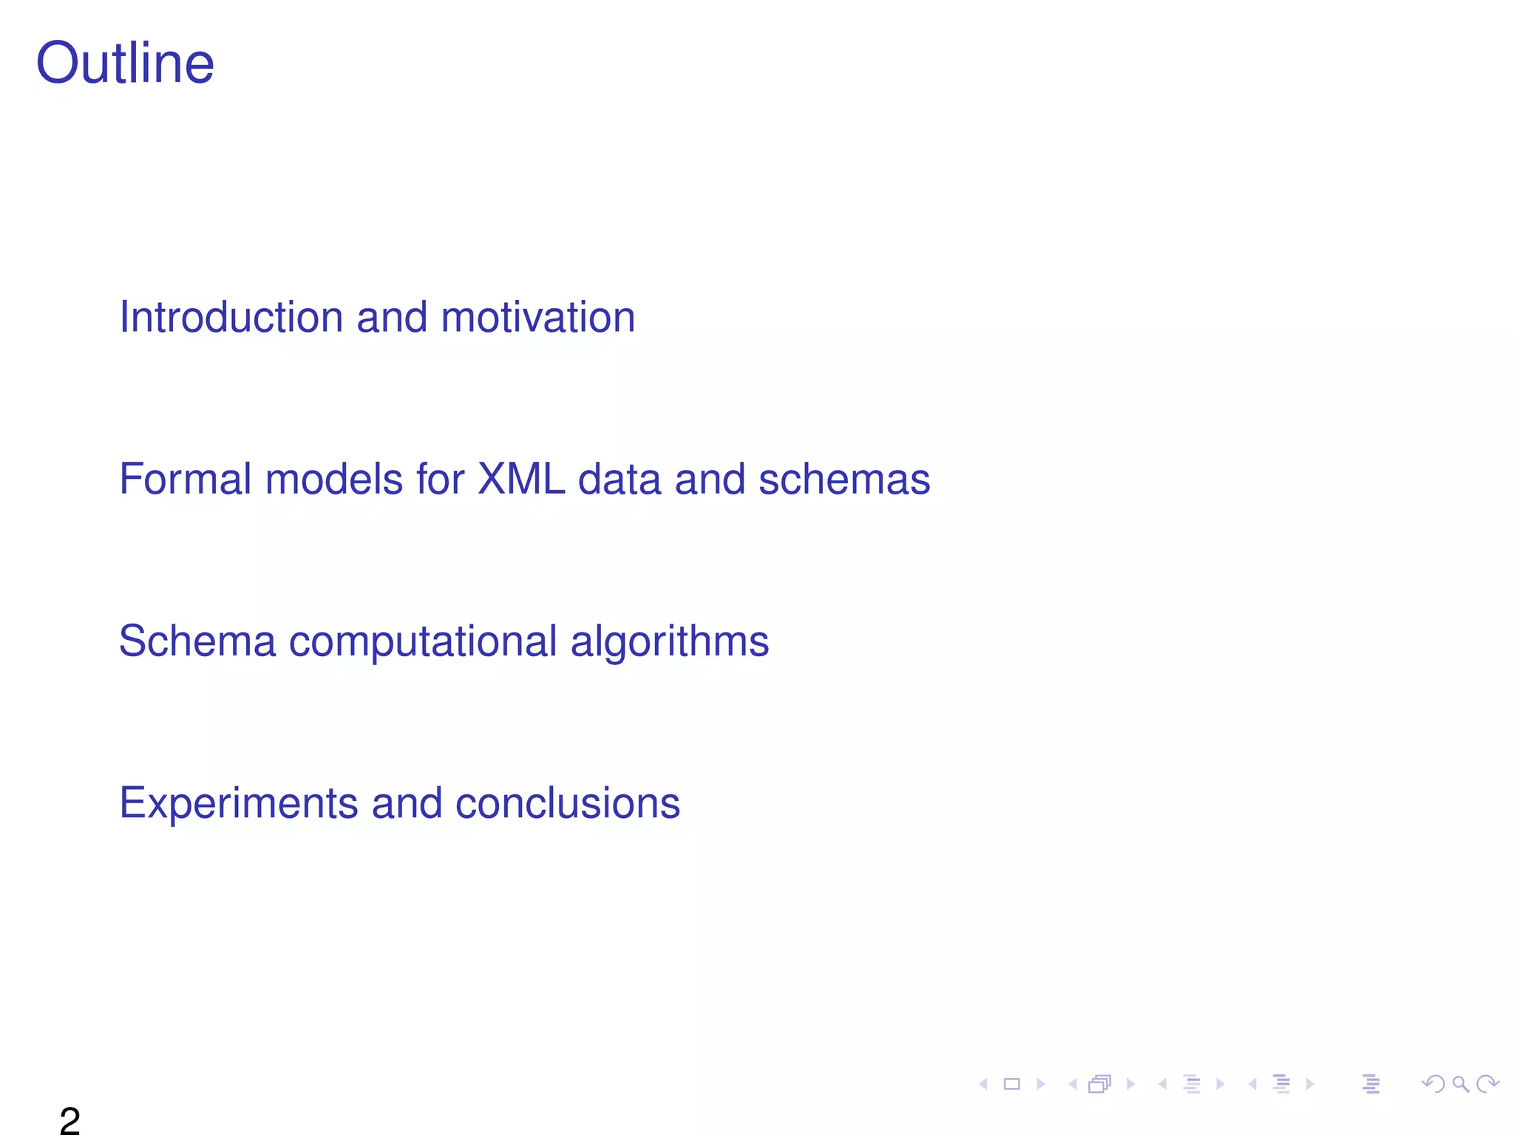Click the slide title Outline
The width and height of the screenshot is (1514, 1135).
pos(125,64)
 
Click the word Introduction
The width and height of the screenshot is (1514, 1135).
pos(231,317)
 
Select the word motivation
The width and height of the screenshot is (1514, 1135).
pos(537,317)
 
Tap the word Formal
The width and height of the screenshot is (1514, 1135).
pos(185,479)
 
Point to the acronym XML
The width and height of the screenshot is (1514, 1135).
pos(521,479)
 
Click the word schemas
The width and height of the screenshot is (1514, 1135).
pos(844,479)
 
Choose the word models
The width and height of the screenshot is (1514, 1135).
pos(334,479)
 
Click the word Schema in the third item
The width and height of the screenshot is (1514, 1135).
pos(197,641)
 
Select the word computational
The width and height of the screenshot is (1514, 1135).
pos(423,641)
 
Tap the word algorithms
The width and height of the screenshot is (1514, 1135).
pos(670,641)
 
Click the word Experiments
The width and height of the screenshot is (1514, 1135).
pos(238,803)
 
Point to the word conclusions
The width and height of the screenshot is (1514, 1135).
pos(567,803)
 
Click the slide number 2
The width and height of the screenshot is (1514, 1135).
pos(69,1120)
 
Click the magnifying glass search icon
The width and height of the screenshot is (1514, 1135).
pos(1460,1084)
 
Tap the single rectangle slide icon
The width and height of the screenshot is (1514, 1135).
pos(1012,1084)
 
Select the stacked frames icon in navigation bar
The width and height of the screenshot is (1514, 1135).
pos(1100,1084)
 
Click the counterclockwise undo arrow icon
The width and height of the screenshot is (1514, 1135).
pos(1433,1084)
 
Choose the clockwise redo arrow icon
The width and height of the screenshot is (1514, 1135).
pos(1487,1084)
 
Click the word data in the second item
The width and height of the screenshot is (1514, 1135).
pos(619,479)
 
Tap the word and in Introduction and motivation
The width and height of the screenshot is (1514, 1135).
pos(392,317)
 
